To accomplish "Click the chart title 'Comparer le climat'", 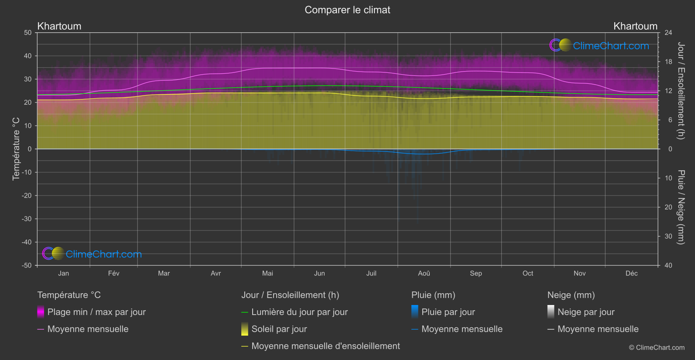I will click(347, 10).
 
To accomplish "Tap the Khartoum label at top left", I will click(59, 26).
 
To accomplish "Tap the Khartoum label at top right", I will click(635, 26).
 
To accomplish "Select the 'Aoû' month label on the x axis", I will click(424, 274).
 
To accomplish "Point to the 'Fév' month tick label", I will click(113, 274).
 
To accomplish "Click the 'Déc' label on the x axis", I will click(631, 274).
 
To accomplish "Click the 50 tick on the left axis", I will click(28, 33).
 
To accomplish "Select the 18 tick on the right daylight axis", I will click(668, 62).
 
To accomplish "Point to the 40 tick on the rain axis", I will click(668, 265).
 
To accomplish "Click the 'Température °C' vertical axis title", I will click(16, 149).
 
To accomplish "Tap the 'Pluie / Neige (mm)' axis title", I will click(681, 207).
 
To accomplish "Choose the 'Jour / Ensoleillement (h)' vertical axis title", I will click(681, 91).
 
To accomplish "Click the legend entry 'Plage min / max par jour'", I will click(96, 312).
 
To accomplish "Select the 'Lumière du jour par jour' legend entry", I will click(299, 312).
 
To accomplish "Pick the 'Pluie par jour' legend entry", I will click(448, 312).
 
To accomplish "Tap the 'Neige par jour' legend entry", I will click(586, 312).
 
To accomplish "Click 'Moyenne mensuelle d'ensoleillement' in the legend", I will click(325, 346).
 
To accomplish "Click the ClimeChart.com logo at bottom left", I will click(92, 254).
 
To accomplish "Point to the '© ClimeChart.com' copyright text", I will click(657, 348).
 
